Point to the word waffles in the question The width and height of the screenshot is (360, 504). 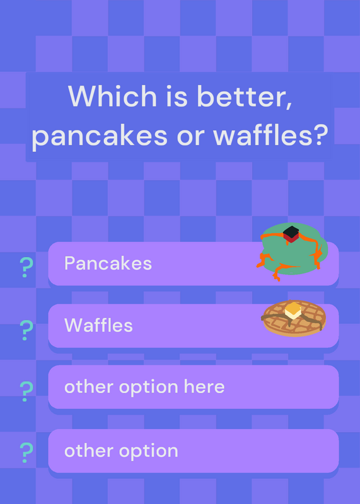[x=262, y=134]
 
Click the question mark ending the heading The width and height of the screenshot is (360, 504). [x=320, y=134]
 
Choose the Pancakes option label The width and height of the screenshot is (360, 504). [x=108, y=263]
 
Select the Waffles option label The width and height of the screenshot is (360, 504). [x=98, y=325]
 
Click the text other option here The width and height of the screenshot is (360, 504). [x=144, y=387]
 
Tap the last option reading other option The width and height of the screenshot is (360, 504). [x=121, y=450]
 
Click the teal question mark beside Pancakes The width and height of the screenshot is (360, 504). [x=26, y=267]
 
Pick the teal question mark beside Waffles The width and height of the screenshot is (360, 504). [x=26, y=330]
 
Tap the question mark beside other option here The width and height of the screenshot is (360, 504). [x=26, y=391]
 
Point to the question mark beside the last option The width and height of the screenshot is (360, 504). [x=26, y=452]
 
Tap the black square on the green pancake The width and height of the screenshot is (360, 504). [x=291, y=232]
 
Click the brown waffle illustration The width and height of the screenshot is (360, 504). [x=293, y=318]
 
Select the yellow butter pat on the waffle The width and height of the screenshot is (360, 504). [x=293, y=311]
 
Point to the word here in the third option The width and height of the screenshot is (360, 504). [x=204, y=386]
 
